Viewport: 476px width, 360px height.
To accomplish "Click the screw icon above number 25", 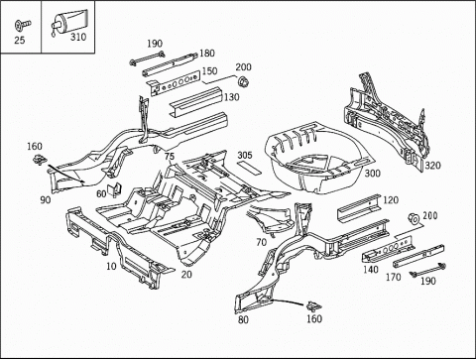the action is tap(23, 25).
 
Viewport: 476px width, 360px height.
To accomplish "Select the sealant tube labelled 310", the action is tap(68, 21).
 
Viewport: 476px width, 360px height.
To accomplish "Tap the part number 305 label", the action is tap(245, 155).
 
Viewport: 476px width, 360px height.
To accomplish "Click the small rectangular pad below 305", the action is tap(249, 168).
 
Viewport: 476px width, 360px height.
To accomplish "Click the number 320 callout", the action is tap(432, 166).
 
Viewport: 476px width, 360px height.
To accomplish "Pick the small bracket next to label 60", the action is tap(114, 189).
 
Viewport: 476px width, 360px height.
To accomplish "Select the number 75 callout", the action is tap(170, 156).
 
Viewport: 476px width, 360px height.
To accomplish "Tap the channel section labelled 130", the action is tap(194, 101).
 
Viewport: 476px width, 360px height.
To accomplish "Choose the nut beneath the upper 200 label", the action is tap(243, 80).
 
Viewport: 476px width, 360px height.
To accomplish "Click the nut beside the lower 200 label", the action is tap(414, 219).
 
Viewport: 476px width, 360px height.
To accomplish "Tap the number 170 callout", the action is tap(394, 277).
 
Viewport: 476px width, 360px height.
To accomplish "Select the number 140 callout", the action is tap(371, 270).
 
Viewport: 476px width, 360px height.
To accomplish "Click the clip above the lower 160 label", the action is tap(313, 306).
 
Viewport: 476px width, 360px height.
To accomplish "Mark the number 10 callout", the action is tap(111, 266).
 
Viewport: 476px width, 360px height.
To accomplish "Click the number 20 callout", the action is tap(186, 274).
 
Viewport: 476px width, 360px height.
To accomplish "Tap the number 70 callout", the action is tap(261, 242).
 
